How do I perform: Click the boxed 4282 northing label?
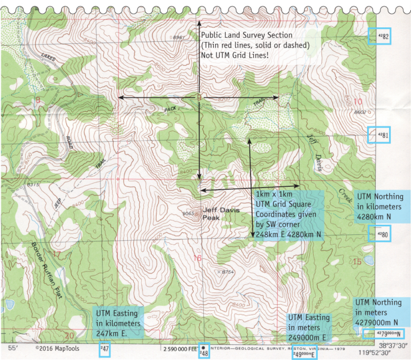[x=382, y=36]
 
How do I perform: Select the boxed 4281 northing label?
[x=382, y=135]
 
